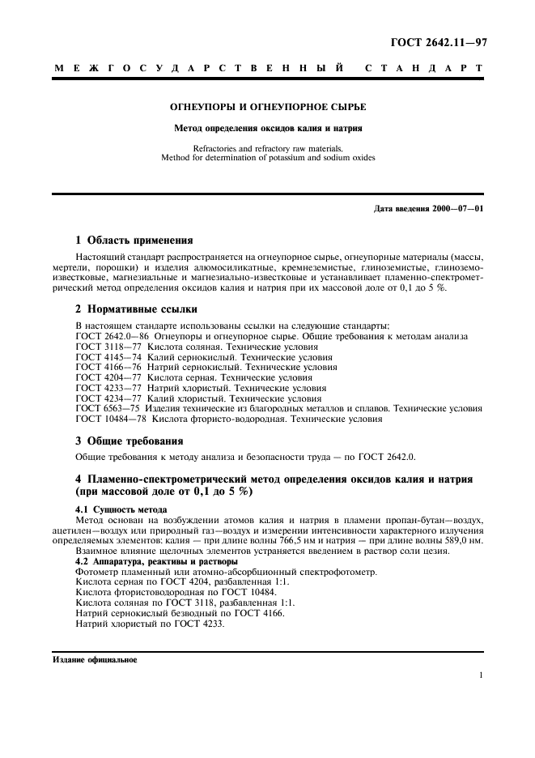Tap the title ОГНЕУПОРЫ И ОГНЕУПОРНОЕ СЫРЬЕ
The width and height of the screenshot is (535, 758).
coord(268,107)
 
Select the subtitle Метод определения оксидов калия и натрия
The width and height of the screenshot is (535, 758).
coord(268,128)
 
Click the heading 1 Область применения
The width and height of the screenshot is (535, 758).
coord(134,241)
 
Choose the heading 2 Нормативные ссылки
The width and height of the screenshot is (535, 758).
coord(135,309)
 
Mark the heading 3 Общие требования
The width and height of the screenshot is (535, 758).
coord(129,441)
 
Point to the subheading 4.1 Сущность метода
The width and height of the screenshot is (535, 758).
coord(121,509)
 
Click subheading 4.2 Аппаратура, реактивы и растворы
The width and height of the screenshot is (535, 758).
coord(155,561)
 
